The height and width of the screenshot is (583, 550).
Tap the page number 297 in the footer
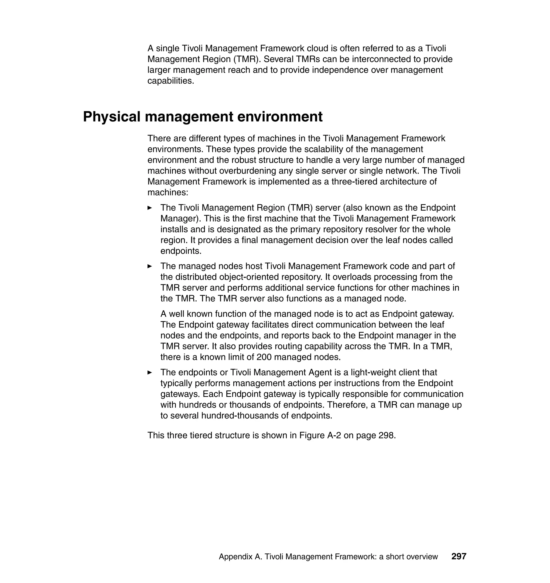coord(458,556)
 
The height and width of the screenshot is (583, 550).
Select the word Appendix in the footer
coord(236,557)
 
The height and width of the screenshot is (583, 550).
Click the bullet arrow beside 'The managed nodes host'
coord(150,266)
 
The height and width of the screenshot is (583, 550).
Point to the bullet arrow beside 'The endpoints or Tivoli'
coord(150,372)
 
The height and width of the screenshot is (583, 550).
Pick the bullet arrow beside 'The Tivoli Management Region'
coord(150,208)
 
